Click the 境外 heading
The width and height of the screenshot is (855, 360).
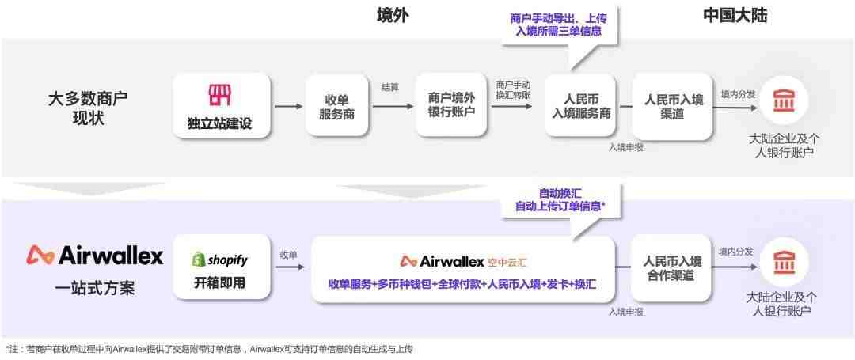tap(393, 17)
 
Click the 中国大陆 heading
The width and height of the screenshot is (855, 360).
tap(735, 17)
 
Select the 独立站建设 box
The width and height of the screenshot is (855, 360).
tap(222, 105)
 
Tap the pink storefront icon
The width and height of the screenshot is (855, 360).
tap(220, 95)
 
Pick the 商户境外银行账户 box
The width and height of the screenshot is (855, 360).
tap(451, 105)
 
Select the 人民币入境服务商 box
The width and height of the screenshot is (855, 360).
tap(581, 105)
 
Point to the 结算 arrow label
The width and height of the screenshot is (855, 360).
tap(389, 87)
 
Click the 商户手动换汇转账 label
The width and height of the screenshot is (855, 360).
tap(513, 89)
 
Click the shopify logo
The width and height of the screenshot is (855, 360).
tap(220, 260)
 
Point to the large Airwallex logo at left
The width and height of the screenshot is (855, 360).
tap(94, 256)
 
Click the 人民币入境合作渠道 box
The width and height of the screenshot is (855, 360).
tap(671, 268)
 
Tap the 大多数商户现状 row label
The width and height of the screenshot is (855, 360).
tap(88, 108)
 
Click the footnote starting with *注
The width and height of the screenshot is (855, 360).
tap(207, 349)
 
